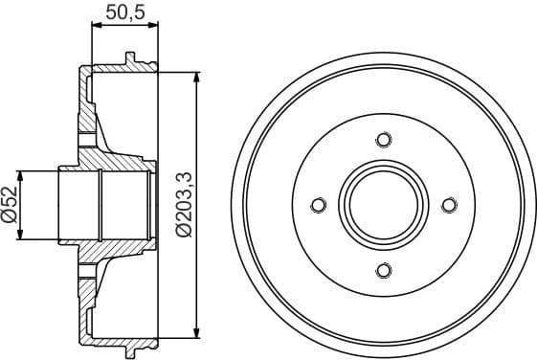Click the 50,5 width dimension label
point(119,14)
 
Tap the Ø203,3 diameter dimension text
point(181,204)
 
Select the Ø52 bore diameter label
point(9,203)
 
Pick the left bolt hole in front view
point(319,204)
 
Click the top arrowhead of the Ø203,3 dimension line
point(197,75)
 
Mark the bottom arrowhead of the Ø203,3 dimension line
point(197,334)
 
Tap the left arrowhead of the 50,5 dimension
point(95,31)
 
